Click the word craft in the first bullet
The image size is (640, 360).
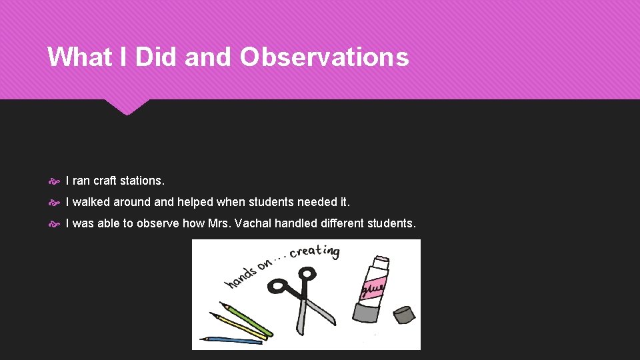tap(105, 181)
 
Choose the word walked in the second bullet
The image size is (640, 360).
tap(92, 202)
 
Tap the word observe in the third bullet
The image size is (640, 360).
tap(158, 223)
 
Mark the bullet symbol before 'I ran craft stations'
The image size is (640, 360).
tap(54, 181)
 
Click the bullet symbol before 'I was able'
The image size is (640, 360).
tap(54, 224)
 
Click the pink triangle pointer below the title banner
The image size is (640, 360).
tap(127, 107)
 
